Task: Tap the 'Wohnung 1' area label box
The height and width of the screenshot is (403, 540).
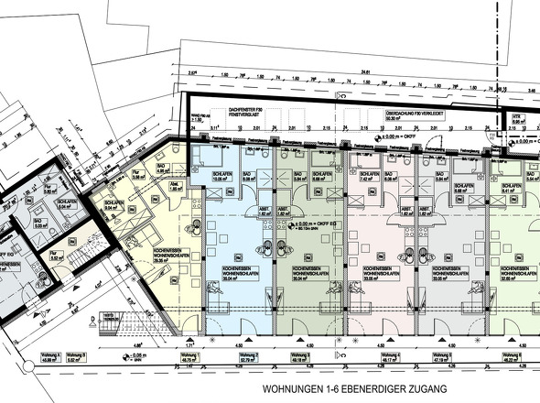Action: click(190, 358)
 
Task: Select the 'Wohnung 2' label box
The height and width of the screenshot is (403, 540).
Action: click(246, 358)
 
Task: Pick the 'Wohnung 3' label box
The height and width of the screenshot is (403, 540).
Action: click(326, 358)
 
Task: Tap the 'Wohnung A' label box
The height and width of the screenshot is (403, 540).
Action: click(48, 358)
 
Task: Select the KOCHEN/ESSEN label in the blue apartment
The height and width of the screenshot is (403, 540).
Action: click(224, 270)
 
